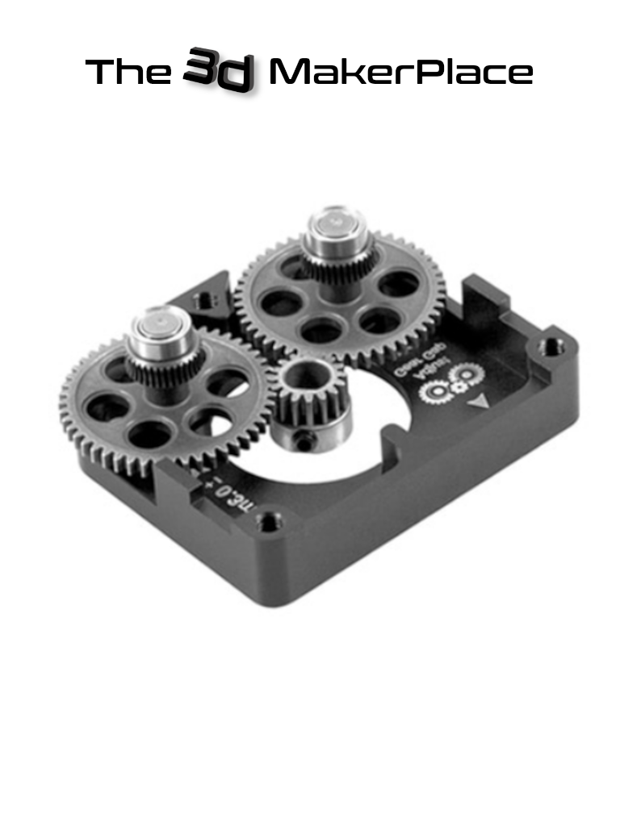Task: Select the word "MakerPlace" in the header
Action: [400, 73]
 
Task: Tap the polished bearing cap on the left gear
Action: [157, 327]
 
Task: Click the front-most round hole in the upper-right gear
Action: [320, 332]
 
